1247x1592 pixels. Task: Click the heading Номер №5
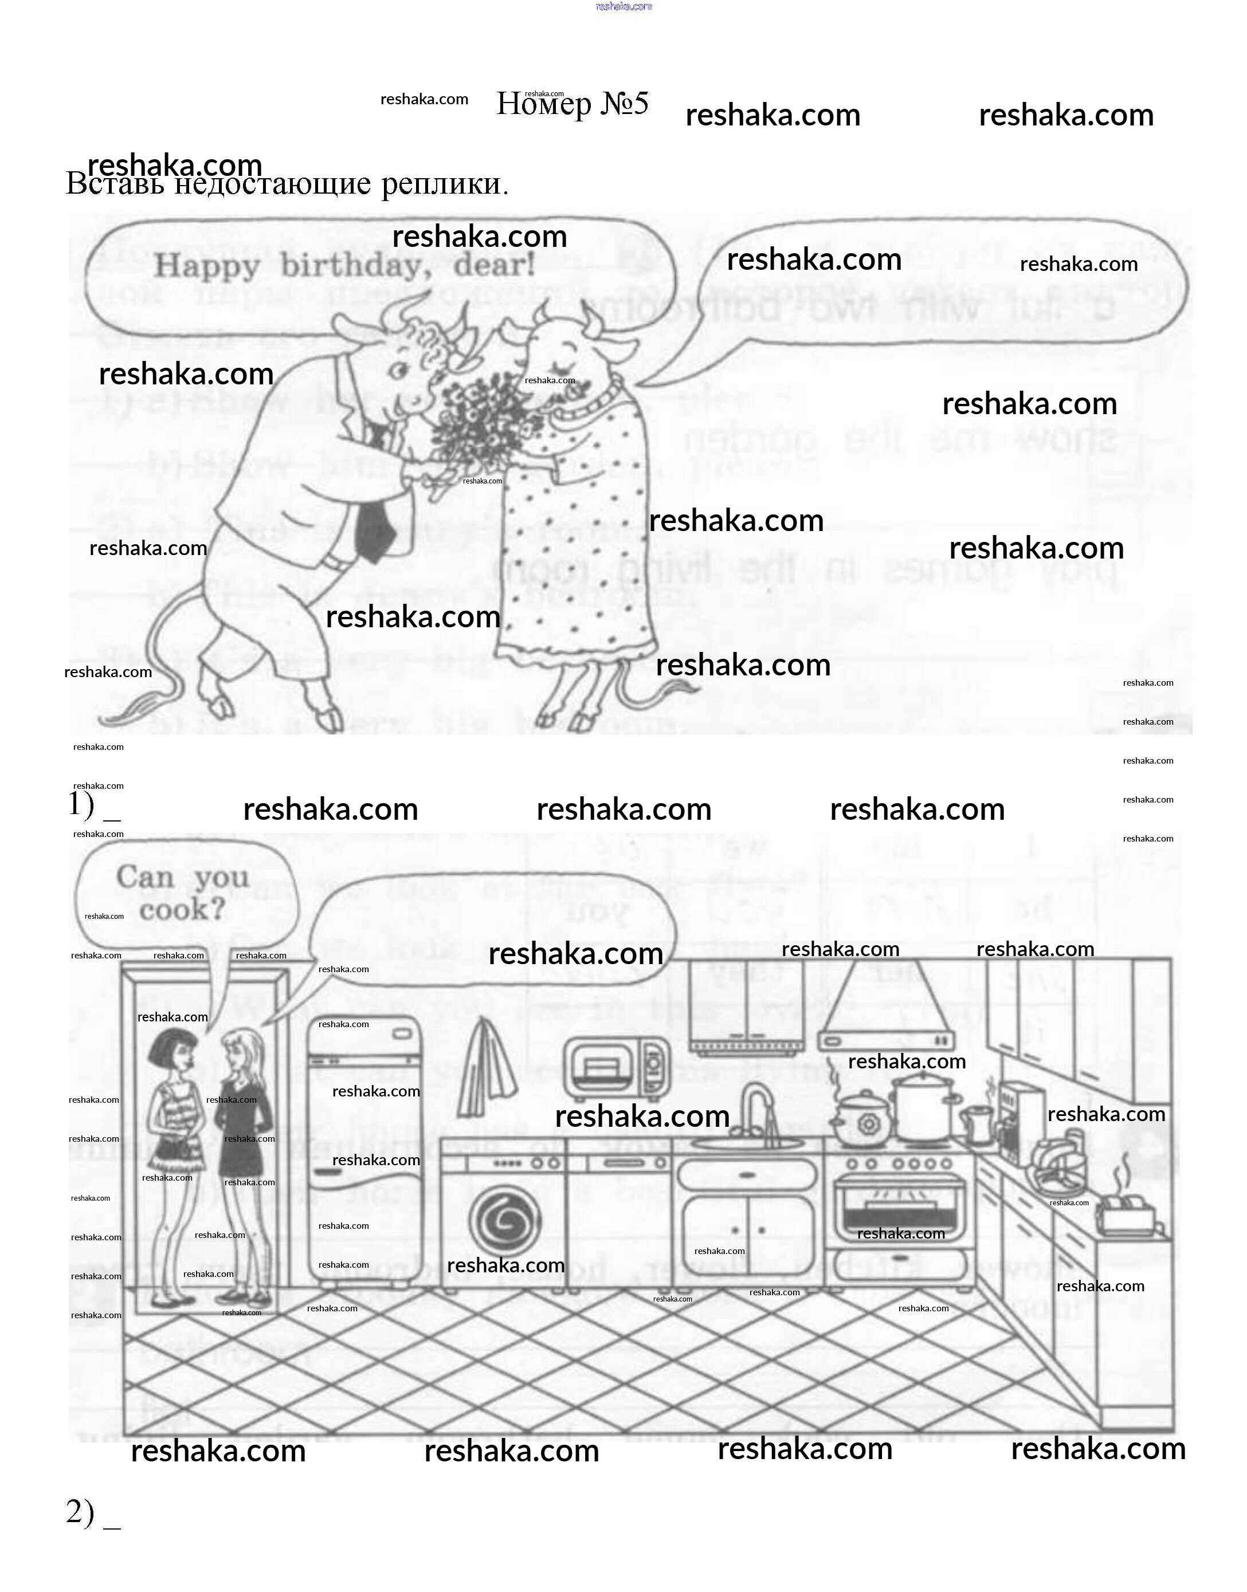pyautogui.click(x=572, y=104)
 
